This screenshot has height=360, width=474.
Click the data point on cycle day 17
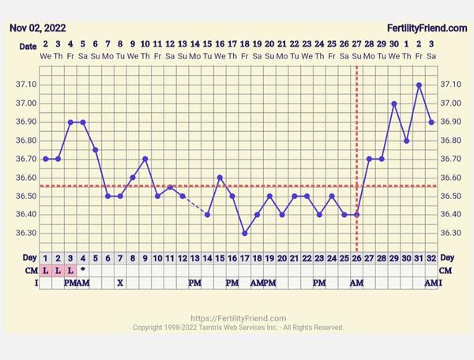245,233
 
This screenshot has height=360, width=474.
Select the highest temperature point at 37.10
419,84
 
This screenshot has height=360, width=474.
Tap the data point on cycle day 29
382,159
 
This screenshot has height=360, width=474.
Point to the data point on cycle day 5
96,149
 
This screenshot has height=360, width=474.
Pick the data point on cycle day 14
208,214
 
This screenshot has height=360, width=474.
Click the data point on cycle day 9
145,159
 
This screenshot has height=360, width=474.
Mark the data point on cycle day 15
220,178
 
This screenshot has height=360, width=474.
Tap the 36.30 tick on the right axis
447,233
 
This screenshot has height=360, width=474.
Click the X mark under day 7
120,283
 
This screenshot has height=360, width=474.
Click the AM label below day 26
356,283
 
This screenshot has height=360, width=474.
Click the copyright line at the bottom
238,328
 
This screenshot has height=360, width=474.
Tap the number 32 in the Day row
431,257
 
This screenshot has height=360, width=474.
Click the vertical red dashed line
357,118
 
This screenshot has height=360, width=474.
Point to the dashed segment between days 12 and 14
195,205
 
